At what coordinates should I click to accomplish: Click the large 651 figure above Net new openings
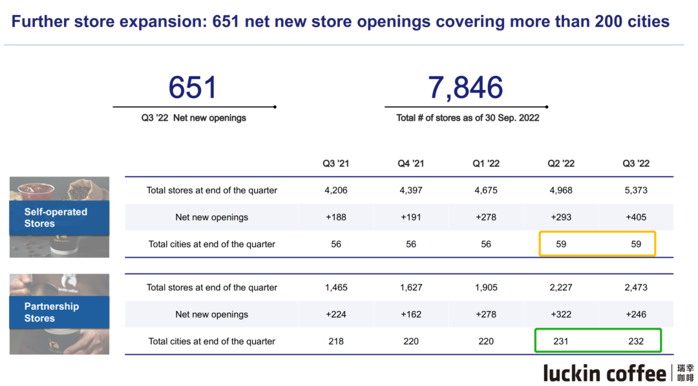pyautogui.click(x=193, y=88)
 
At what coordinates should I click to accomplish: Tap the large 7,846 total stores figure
pyautogui.click(x=465, y=88)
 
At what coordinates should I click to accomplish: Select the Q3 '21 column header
pyautogui.click(x=336, y=164)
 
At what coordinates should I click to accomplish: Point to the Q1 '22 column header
pyautogui.click(x=486, y=164)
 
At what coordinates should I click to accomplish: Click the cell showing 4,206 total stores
pyautogui.click(x=336, y=190)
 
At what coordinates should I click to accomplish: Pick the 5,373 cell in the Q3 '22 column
pyautogui.click(x=636, y=190)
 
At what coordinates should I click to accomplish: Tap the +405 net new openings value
pyautogui.click(x=636, y=217)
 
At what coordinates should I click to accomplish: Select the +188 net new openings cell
pyautogui.click(x=336, y=217)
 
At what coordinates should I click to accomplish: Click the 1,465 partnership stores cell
pyautogui.click(x=336, y=288)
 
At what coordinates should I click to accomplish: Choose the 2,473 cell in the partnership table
pyautogui.click(x=636, y=288)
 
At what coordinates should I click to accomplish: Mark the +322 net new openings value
pyautogui.click(x=561, y=315)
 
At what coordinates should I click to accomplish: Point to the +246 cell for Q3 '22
pyautogui.click(x=636, y=315)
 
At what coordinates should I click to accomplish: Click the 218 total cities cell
pyautogui.click(x=336, y=341)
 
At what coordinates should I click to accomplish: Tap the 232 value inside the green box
pyautogui.click(x=636, y=341)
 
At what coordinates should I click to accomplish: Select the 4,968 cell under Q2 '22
pyautogui.click(x=561, y=190)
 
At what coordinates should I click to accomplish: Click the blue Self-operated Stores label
pyautogui.click(x=56, y=217)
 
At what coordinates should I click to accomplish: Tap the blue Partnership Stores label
pyautogui.click(x=52, y=312)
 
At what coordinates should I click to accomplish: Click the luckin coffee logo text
pyautogui.click(x=604, y=373)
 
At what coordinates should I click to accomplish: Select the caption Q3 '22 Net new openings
pyautogui.click(x=194, y=118)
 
